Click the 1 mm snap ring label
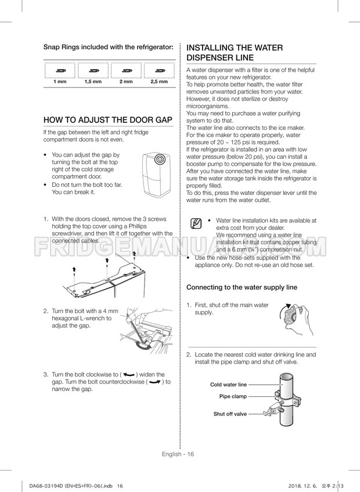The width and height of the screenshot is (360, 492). point(60,82)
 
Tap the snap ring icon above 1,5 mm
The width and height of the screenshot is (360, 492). point(93,71)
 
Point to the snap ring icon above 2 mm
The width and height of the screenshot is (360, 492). point(126,71)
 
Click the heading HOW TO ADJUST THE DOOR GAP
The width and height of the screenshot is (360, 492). point(109,120)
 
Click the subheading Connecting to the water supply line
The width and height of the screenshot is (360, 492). point(242,287)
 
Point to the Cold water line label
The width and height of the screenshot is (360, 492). point(228,385)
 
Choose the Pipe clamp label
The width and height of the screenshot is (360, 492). point(233,397)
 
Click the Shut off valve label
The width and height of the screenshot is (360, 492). point(231,414)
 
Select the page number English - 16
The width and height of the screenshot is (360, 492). point(180,454)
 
